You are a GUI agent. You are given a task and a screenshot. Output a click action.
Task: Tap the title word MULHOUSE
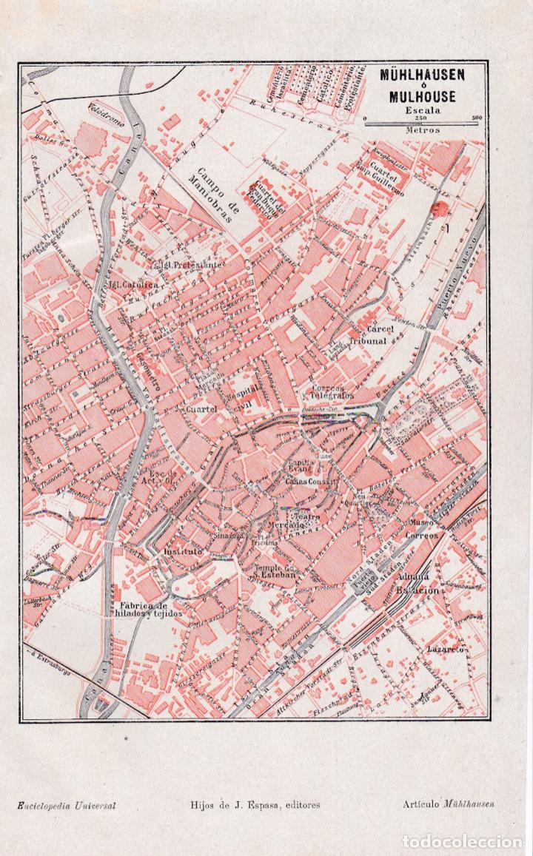(x=423, y=96)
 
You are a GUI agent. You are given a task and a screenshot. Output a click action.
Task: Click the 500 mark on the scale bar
(x=477, y=118)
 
